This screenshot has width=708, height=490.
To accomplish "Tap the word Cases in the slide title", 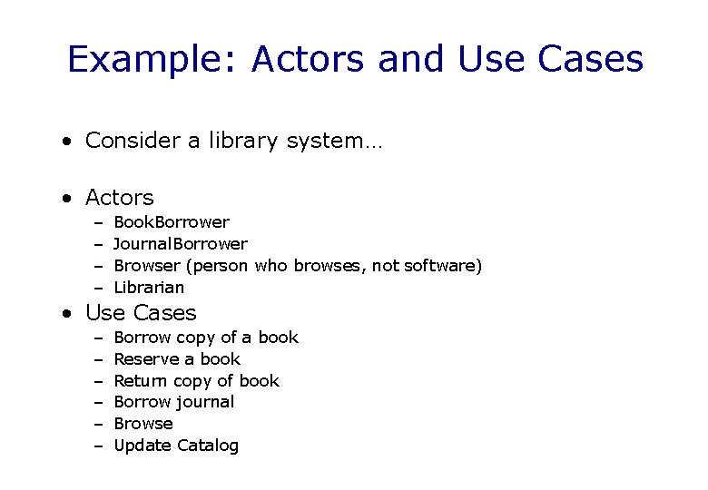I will (x=590, y=60).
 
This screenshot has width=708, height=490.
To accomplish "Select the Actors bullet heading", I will (x=119, y=197).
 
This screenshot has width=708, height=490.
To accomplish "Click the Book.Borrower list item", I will (x=172, y=222).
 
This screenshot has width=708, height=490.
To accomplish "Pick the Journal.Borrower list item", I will (x=181, y=244).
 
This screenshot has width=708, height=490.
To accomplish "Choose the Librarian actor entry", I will (x=149, y=288).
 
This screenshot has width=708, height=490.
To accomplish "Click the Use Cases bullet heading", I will (x=141, y=313).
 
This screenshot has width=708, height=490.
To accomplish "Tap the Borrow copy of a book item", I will (x=206, y=338).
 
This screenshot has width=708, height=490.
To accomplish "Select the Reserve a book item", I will (x=177, y=359).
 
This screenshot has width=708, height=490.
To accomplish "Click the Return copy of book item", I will (x=197, y=381).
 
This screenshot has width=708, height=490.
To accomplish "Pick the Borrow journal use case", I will (x=174, y=402).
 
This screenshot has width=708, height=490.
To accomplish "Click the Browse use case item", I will (x=143, y=424).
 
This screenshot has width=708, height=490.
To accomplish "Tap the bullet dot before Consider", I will (x=67, y=142).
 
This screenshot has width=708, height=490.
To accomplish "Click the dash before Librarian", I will (x=97, y=288).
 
